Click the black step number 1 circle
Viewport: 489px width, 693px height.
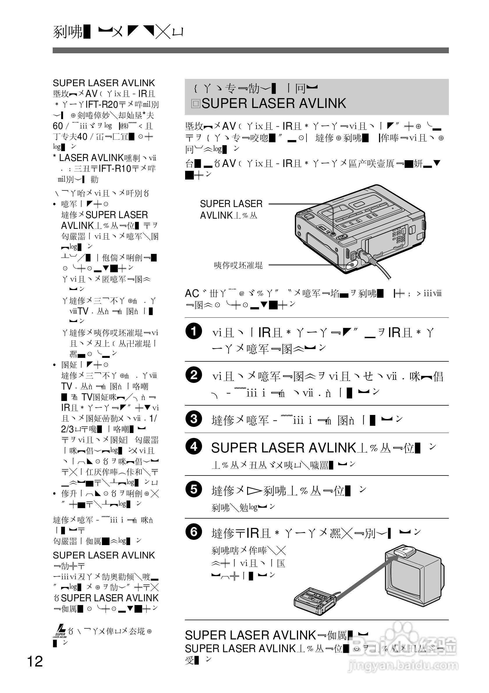(x=193, y=331)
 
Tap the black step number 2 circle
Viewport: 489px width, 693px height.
(x=193, y=375)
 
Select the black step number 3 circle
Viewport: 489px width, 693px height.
(x=193, y=419)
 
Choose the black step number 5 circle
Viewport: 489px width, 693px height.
(x=193, y=489)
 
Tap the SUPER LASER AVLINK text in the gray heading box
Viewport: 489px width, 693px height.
(x=273, y=104)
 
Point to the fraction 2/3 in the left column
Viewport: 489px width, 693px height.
(x=67, y=429)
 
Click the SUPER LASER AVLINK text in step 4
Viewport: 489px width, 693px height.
(x=283, y=448)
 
